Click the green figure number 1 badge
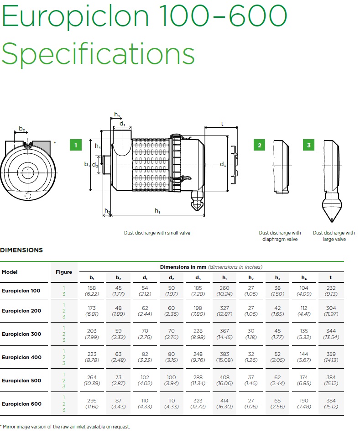(x=76, y=145)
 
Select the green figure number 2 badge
(x=259, y=145)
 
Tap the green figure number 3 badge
(x=308, y=145)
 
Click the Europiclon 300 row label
(x=21, y=334)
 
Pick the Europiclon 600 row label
(x=21, y=404)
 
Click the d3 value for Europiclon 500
(x=198, y=380)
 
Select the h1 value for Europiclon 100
(x=224, y=291)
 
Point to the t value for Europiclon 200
(x=331, y=311)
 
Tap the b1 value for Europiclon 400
(x=92, y=357)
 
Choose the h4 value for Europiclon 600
(x=304, y=403)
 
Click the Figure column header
(x=64, y=272)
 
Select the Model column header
(x=10, y=272)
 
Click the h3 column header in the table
(x=277, y=278)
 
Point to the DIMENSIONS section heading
(x=21, y=250)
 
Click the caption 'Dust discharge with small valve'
(x=157, y=233)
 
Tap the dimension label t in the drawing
(x=222, y=124)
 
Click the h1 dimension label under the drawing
(x=157, y=211)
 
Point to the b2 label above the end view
(x=22, y=129)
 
